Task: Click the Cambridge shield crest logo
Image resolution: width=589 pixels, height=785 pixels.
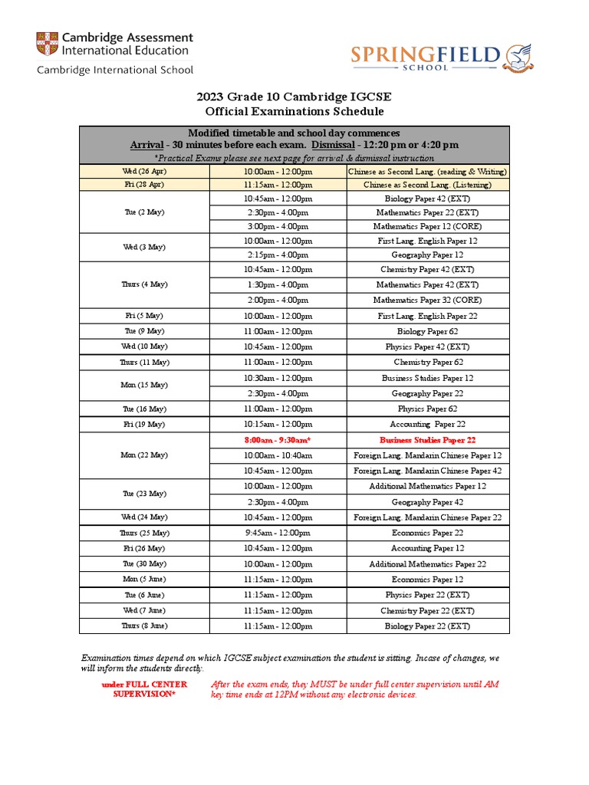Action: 46,44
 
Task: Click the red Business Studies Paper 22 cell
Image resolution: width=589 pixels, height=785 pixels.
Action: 427,440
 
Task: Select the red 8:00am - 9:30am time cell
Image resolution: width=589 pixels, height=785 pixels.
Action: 278,440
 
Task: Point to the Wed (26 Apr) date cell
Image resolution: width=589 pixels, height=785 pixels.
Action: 144,171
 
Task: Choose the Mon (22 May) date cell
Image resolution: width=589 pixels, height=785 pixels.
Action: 144,455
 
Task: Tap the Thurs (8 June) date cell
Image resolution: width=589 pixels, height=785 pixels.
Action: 144,626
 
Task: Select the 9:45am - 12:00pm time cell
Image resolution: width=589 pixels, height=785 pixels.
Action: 278,533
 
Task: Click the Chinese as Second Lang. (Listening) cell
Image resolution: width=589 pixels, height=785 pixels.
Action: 427,185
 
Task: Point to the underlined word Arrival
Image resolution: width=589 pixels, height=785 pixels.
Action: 147,145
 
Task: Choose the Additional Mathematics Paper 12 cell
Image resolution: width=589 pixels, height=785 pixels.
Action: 427,486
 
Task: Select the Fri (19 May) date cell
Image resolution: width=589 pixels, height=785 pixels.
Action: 144,424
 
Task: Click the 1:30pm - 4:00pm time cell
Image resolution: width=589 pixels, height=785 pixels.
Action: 278,284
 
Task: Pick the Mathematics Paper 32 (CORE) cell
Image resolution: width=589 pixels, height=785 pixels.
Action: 427,300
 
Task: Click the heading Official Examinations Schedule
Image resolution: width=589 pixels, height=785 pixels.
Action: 294,111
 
